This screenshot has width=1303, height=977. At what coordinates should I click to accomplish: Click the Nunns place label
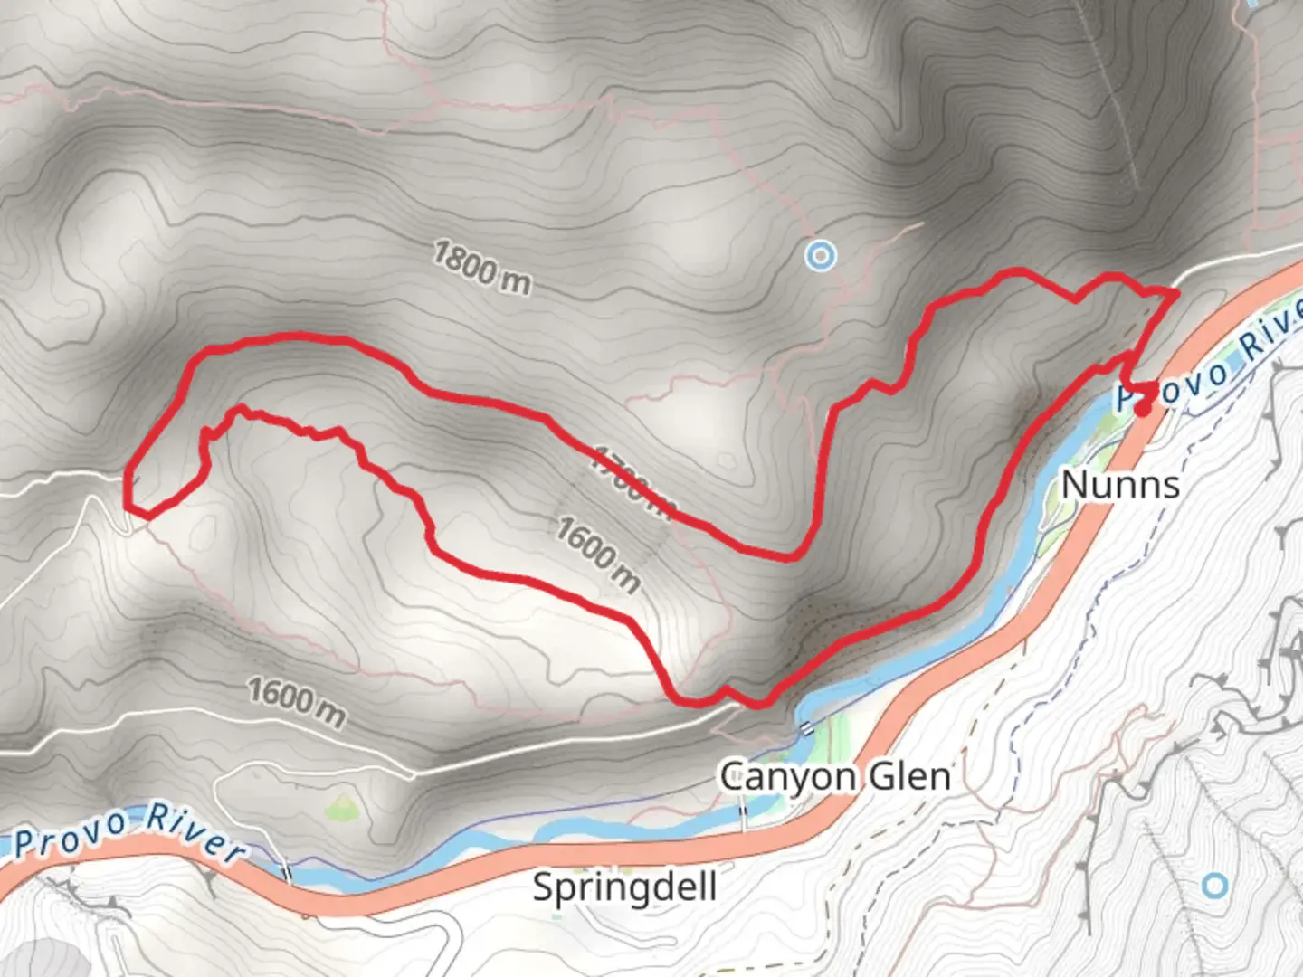[1120, 485]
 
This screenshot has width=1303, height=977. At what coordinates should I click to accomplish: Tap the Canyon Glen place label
[834, 776]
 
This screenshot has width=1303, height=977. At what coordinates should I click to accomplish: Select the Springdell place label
[624, 887]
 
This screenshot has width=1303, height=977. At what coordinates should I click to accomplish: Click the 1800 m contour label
[481, 268]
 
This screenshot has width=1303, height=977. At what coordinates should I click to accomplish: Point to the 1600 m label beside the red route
[597, 555]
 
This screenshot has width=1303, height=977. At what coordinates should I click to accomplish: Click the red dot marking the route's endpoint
[1143, 408]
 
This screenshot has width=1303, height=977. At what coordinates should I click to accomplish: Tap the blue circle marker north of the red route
[820, 256]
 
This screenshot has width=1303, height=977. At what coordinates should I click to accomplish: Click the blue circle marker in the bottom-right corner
[1215, 885]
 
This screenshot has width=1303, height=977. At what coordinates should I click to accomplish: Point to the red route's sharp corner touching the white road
[1175, 292]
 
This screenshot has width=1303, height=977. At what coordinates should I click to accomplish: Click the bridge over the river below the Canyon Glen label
[745, 819]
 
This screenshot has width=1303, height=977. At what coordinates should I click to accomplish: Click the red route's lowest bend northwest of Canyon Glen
[688, 699]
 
